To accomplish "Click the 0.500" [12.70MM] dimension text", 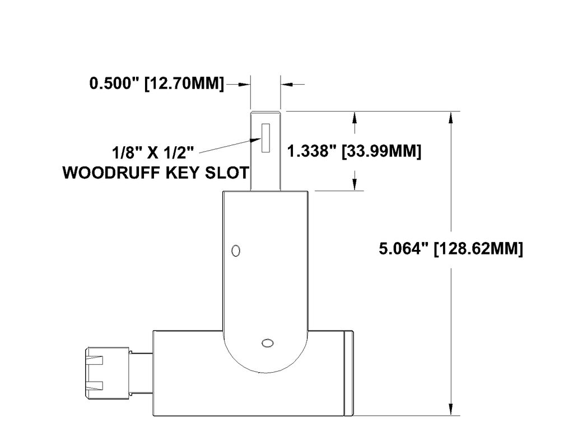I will [156, 85].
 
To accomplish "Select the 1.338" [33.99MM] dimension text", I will [353, 151].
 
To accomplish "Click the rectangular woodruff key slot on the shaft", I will [265, 138].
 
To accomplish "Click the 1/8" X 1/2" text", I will [153, 152].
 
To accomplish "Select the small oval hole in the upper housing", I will [236, 251].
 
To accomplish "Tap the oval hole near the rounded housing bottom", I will [267, 342].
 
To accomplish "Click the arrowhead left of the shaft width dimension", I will [244, 85].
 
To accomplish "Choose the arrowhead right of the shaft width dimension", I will [286, 85].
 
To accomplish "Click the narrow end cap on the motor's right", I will [348, 373].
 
